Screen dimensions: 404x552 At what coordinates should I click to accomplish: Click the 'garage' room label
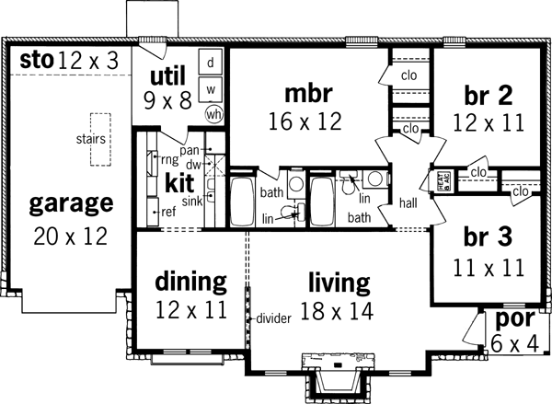point(70,202)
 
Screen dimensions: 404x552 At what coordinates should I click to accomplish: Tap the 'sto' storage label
point(35,61)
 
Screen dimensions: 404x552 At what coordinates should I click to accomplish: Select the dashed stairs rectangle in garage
point(100,140)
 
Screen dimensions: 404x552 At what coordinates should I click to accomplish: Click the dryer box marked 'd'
point(211,63)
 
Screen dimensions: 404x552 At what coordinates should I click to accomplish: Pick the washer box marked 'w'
point(211,89)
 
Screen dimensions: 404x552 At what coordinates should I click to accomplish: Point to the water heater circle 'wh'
point(214,114)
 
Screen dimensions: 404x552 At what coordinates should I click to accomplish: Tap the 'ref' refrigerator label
point(168,212)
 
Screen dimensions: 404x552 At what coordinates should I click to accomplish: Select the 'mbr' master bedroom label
point(306,93)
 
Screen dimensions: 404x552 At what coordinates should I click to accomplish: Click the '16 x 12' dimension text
point(305,120)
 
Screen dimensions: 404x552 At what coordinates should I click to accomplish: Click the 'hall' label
point(409,202)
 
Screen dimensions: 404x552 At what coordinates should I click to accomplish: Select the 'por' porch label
point(512,319)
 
